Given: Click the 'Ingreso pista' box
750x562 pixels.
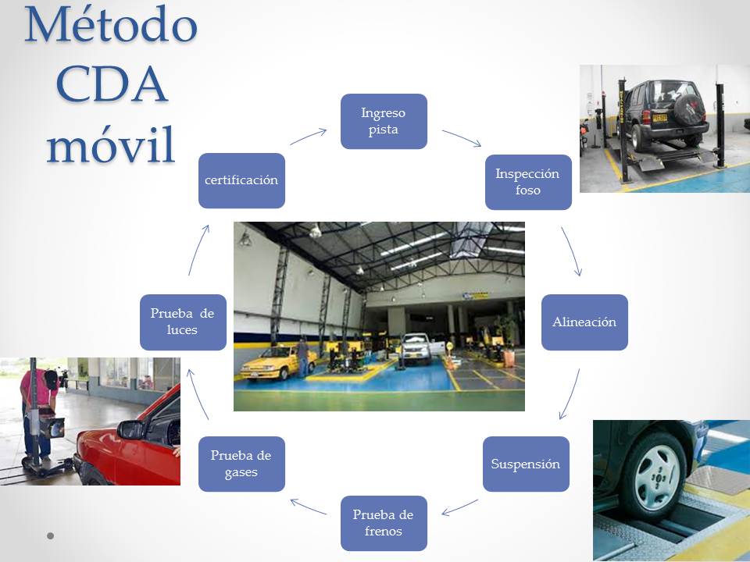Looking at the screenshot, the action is point(384,122).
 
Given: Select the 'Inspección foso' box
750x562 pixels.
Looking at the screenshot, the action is point(528,182).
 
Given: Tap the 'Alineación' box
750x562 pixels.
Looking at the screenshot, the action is point(584,322).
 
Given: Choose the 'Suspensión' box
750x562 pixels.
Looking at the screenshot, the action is point(526,464).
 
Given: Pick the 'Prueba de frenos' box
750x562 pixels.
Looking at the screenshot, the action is point(384,523).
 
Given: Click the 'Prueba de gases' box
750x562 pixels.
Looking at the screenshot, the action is point(241,464).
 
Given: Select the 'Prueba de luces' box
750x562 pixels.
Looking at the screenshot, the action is point(183,322).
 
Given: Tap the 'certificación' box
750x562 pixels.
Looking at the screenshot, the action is point(241,180).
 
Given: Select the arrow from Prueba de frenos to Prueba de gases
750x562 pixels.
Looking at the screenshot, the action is point(308,507).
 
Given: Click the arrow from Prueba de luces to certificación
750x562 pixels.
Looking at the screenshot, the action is point(198,251).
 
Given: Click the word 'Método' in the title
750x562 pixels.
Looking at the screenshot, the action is point(110,24).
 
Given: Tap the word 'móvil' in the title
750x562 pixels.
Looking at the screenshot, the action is point(110,144).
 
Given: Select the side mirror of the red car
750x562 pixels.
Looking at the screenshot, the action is point(130,429).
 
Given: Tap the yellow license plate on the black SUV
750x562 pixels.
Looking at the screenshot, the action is point(659,118).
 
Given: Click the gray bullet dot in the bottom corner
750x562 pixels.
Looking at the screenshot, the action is point(50,535).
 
